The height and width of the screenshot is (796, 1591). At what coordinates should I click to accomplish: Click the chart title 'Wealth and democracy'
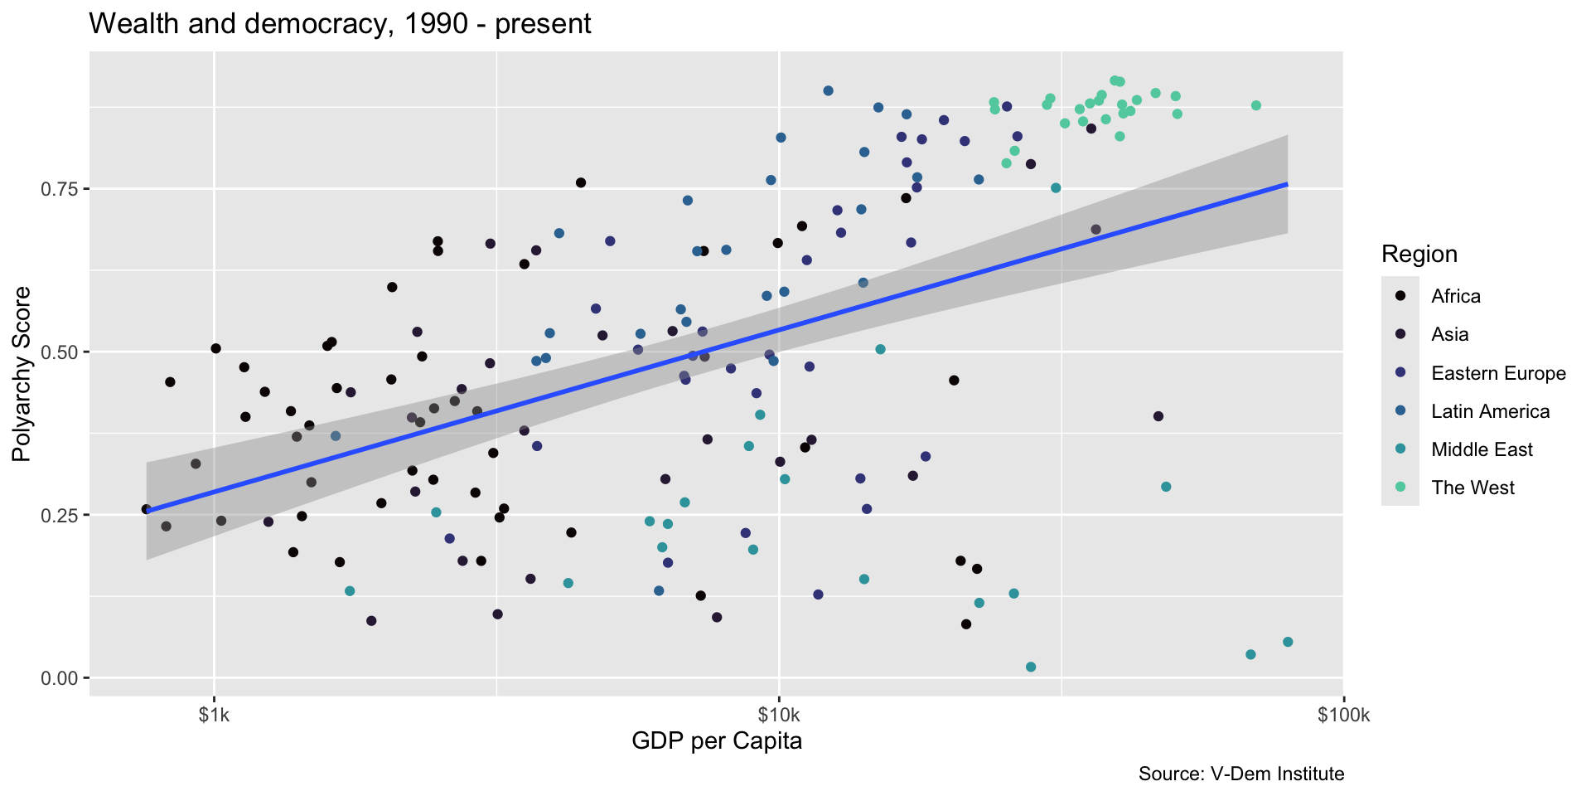coord(340,24)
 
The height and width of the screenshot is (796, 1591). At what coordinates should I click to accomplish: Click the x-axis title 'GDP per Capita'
coord(717,740)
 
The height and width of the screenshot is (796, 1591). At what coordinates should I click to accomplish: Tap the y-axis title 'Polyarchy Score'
coord(22,374)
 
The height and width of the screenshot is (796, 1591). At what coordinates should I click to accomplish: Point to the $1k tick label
coord(215,716)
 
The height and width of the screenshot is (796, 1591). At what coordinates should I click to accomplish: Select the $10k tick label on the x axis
coord(778,716)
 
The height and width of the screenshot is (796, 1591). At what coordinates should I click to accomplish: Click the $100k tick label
coord(1342,716)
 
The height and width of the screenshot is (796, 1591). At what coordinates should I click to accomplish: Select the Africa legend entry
coord(1456,296)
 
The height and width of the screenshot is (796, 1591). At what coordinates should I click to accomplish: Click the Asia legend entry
coord(1450,334)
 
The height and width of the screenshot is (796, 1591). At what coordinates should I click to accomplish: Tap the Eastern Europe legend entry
coord(1498,373)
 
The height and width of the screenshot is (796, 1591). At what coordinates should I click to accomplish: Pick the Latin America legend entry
coord(1490,411)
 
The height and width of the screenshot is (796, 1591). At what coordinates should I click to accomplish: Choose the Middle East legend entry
coord(1482,449)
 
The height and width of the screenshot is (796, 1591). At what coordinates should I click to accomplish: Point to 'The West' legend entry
coord(1473,488)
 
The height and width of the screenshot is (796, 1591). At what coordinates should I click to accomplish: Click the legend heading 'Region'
coord(1419,254)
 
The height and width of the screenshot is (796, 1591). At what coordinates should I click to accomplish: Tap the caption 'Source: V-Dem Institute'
coord(1240,774)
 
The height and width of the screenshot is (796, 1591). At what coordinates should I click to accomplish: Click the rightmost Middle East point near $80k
coord(1288,642)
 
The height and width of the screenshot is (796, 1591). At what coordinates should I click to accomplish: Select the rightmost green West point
coord(1256,105)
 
